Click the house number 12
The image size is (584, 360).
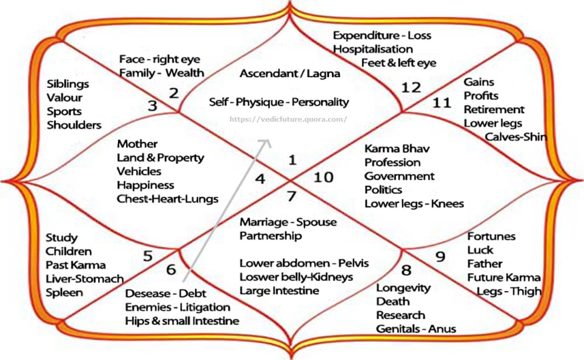coord(411,87)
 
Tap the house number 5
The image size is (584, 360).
coord(148,256)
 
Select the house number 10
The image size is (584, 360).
coord(323,177)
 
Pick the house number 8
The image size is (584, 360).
coord(406,269)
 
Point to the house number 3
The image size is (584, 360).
coord(152,106)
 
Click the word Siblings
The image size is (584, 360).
coord(68,84)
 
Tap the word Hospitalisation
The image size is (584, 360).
coord(373,49)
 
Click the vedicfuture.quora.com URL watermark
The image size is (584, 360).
coord(288,119)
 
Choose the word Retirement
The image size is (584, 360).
coord(494,110)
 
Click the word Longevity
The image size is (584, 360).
coord(403,288)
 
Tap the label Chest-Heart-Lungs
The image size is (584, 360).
coord(168,199)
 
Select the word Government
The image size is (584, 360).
coord(399,176)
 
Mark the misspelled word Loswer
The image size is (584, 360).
coord(258,277)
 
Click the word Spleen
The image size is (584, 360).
coord(64,293)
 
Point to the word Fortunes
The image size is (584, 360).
coord(492,236)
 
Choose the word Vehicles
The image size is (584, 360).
coord(139,171)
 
